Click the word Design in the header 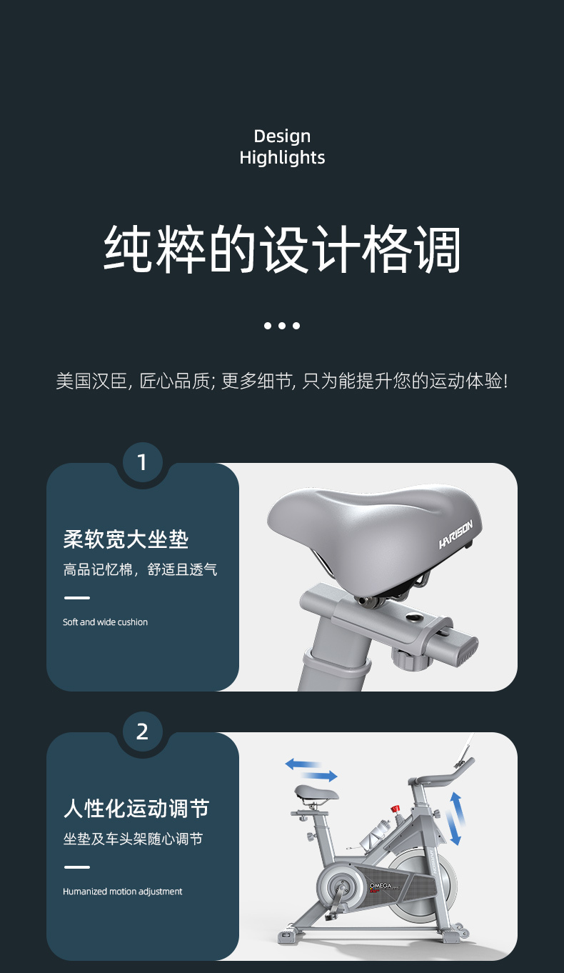tap(282, 136)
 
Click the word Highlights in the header tap(282, 157)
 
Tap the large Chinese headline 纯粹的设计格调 tap(282, 249)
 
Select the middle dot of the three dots tap(282, 326)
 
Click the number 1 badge tap(141, 462)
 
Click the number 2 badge tap(141, 732)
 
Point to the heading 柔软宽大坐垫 tap(126, 539)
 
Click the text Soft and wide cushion tap(105, 622)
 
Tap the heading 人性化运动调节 tap(136, 809)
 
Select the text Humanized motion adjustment tap(122, 892)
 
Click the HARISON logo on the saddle tap(455, 534)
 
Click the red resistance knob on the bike tap(395, 809)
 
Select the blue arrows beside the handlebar tap(455, 818)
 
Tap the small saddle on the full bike tap(317, 792)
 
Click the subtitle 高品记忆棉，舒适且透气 tap(140, 569)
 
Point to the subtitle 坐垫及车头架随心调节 tap(133, 839)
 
